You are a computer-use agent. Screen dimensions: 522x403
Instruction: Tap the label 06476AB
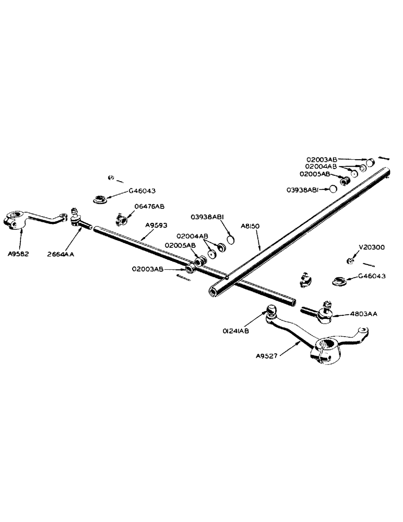[x=150, y=207]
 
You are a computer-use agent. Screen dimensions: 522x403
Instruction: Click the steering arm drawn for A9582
[x=31, y=220]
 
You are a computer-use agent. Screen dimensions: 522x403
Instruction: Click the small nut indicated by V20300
[x=350, y=260]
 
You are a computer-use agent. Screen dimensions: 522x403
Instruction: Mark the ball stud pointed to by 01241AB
[x=272, y=311]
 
